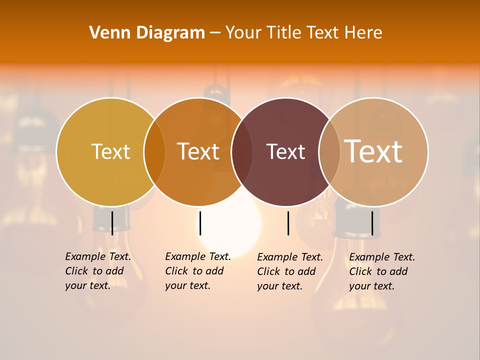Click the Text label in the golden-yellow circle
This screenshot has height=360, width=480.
(110, 151)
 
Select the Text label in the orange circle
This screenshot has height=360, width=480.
(198, 151)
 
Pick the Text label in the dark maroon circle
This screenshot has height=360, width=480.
(285, 151)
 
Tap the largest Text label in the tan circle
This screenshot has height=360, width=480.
(373, 151)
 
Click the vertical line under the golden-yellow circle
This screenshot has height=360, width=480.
(112, 223)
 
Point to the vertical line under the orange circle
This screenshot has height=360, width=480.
(200, 223)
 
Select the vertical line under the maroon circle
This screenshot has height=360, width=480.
(288, 223)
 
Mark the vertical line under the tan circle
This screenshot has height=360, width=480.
(372, 223)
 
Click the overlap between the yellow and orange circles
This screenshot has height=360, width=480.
(154, 152)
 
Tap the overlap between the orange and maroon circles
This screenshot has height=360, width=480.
(242, 152)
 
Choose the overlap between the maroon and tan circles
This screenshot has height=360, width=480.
(329, 152)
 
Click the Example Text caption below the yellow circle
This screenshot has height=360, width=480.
(97, 271)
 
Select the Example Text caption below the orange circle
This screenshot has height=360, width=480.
(197, 271)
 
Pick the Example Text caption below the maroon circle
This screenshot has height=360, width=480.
(289, 271)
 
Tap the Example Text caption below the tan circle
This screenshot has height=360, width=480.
(381, 271)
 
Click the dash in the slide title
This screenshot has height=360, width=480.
(215, 33)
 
